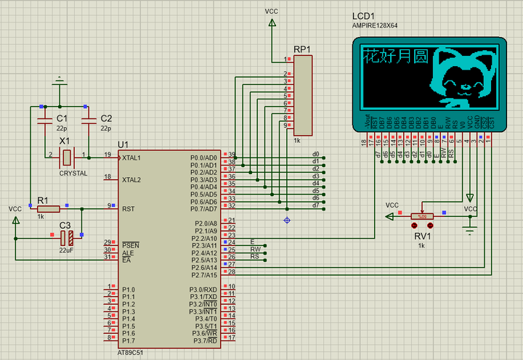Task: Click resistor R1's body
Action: [x=48, y=208]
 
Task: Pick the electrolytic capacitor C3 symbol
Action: [x=66, y=237]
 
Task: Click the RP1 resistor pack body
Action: [x=303, y=95]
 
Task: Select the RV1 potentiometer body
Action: [x=421, y=216]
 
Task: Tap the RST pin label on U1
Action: [x=128, y=208]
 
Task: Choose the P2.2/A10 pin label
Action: [x=203, y=237]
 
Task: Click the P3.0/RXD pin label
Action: [x=203, y=289]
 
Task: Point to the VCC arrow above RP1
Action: [x=272, y=23]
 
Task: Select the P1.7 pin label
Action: [x=129, y=340]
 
